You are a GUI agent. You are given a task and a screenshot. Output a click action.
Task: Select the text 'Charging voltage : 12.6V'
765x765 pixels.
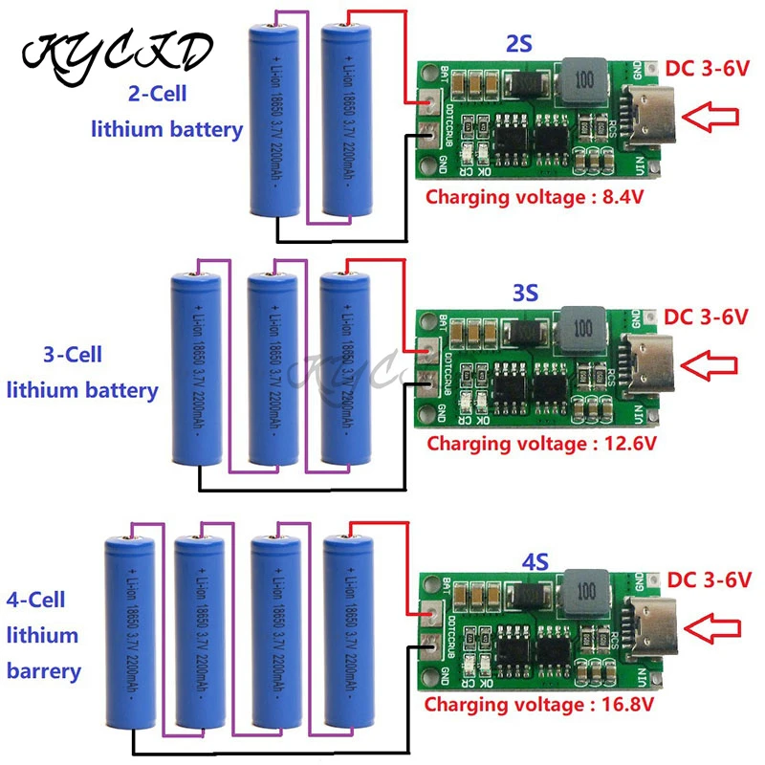542,444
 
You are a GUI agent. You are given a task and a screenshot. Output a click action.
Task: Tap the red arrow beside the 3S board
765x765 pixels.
713,364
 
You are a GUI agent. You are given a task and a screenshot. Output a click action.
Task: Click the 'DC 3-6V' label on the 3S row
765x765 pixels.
706,316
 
